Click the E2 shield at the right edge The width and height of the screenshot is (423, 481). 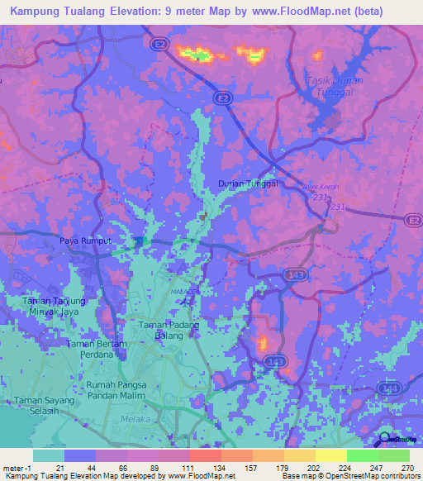click(x=413, y=219)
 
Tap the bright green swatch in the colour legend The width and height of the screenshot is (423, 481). click(x=362, y=455)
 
